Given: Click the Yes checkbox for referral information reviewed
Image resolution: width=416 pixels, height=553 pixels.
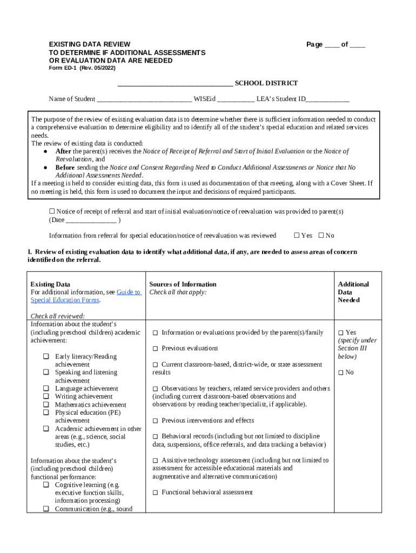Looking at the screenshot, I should click(296, 235).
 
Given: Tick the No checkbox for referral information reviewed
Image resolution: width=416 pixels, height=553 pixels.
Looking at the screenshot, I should click(321, 235).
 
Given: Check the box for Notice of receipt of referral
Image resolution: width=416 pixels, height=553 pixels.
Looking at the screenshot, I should click(52, 211).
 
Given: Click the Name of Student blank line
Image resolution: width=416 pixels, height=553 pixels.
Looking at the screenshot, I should click(144, 99).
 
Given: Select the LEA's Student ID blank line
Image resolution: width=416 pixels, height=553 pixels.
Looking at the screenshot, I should click(328, 99).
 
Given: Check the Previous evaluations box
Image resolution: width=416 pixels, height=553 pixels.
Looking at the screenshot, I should click(155, 349).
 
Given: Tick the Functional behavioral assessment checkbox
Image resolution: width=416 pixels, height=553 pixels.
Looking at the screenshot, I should click(155, 493).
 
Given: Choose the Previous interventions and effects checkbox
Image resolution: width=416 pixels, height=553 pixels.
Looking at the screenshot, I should click(155, 421).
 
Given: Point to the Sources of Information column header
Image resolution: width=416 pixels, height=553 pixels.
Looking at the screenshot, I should click(183, 284).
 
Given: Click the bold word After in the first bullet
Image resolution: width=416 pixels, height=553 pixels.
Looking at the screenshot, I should click(63, 151).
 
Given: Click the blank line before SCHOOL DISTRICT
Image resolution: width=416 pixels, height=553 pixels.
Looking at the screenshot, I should click(175, 84).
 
